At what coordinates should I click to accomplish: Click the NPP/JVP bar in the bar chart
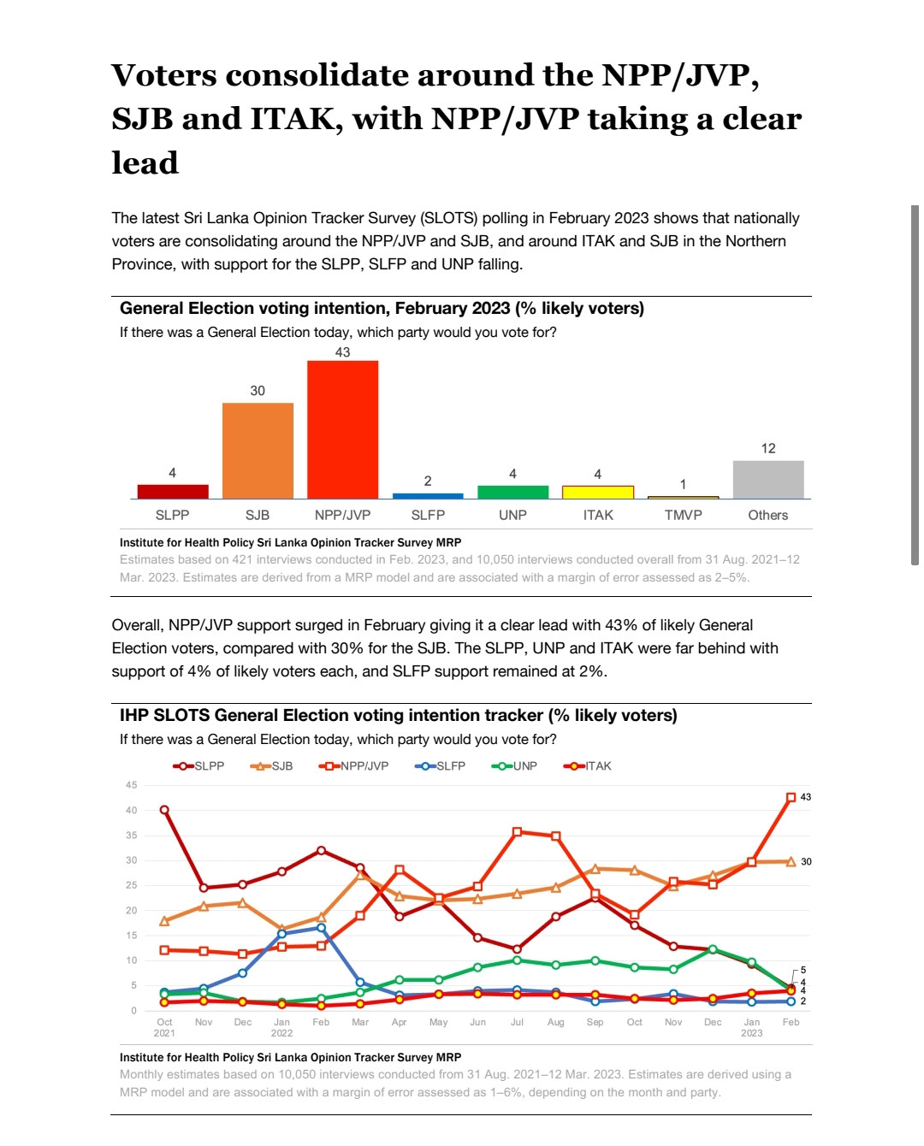[342, 429]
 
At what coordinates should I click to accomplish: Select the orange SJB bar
[258, 451]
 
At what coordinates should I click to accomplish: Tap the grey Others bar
[768, 479]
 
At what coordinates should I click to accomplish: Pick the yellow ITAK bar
[598, 492]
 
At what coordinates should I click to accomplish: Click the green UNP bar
[512, 492]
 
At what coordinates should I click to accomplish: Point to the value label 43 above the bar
[342, 352]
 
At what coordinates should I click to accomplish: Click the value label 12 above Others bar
[768, 448]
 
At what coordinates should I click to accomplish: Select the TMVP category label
[683, 515]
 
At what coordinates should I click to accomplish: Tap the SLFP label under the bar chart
[428, 515]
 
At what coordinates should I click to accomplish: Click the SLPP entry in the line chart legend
[198, 765]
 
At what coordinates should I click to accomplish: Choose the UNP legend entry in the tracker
[514, 765]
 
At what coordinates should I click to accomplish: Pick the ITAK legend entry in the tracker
[587, 765]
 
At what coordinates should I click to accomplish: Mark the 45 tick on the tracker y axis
[131, 785]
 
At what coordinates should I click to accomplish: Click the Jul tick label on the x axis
[517, 1022]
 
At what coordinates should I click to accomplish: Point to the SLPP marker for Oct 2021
[164, 810]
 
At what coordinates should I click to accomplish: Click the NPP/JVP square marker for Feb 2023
[791, 797]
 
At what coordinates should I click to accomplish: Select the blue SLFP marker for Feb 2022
[321, 928]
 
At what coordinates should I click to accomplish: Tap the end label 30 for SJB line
[806, 861]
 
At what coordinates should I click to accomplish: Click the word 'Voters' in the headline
[164, 74]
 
